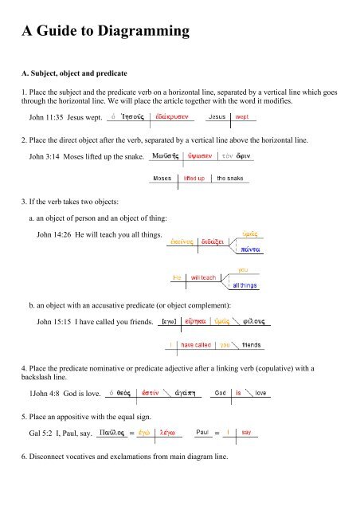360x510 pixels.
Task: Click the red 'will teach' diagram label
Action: (204, 277)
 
